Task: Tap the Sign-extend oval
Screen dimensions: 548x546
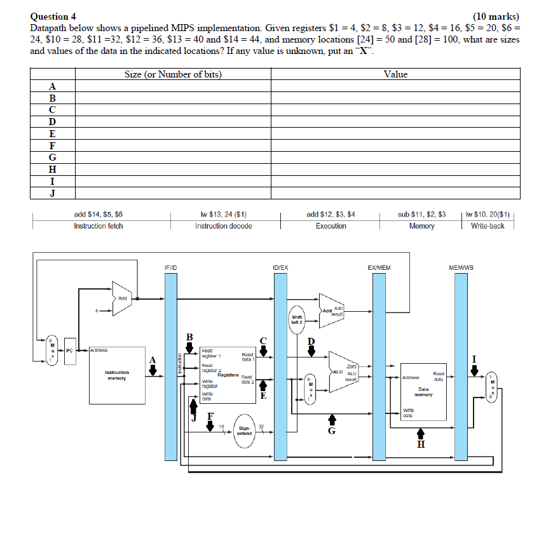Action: (x=245, y=431)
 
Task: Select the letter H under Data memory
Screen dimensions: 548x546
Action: (x=420, y=444)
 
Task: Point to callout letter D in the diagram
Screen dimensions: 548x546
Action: (x=311, y=341)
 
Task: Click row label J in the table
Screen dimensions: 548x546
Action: (x=53, y=192)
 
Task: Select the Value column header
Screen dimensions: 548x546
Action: (x=395, y=74)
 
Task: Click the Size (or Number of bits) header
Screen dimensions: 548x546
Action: (x=173, y=74)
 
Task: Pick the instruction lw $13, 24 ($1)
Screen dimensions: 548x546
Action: (x=223, y=215)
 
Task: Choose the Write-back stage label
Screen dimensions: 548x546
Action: (x=488, y=226)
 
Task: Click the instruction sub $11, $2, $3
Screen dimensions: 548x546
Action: (x=421, y=215)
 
